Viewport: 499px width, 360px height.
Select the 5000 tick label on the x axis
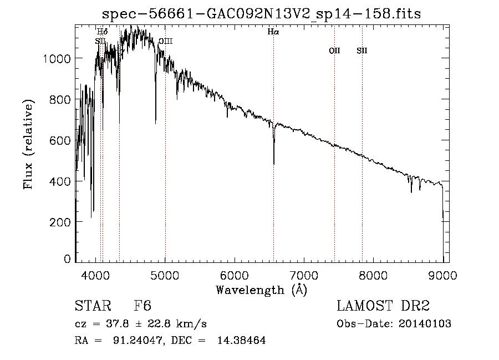(165, 274)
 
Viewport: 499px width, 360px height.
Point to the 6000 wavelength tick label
(235, 274)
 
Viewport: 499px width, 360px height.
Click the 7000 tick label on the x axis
(304, 274)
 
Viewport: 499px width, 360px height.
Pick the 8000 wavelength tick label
(373, 274)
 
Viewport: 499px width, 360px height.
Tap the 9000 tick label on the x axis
(442, 274)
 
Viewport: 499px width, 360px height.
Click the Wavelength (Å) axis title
(261, 290)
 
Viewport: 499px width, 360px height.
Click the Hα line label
(273, 32)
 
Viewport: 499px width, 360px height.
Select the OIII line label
(166, 41)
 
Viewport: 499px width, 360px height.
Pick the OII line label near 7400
(334, 51)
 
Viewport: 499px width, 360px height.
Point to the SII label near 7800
(362, 51)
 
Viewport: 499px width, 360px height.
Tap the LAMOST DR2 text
(383, 306)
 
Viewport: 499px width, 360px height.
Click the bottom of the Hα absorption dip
(274, 164)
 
